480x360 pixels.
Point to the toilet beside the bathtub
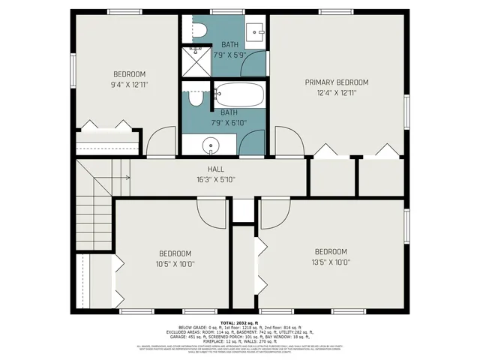click(x=196, y=98)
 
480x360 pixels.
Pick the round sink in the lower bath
click(x=211, y=145)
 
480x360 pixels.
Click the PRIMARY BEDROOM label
click(x=336, y=82)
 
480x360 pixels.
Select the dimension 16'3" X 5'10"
click(x=216, y=180)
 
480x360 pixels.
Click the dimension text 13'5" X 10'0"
click(x=331, y=262)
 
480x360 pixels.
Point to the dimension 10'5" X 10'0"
click(x=175, y=264)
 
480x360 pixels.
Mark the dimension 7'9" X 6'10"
click(x=229, y=121)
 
